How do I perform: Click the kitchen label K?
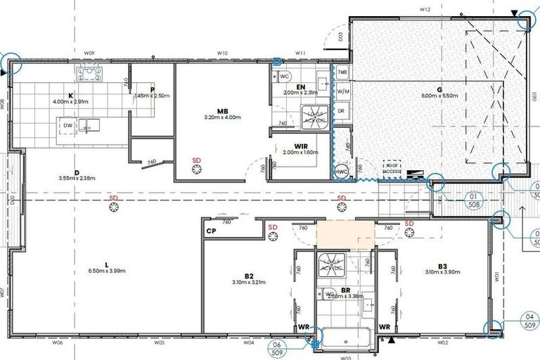pos(71,95)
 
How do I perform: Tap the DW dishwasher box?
pos(68,125)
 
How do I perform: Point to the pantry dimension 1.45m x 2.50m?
pos(151,96)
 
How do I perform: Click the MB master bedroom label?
pos(221,111)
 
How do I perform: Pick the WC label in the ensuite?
pos(285,75)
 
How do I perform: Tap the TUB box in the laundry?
pos(342,72)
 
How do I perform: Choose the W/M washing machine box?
pos(342,91)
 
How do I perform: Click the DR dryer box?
pos(341,111)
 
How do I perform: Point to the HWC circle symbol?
pos(342,171)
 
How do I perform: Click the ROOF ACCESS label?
pos(392,167)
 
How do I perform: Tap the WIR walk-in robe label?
pos(302,146)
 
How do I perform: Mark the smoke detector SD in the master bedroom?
pos(196,161)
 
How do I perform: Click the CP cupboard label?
pos(210,231)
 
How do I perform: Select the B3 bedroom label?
pos(442,266)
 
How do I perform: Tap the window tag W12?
pos(424,9)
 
